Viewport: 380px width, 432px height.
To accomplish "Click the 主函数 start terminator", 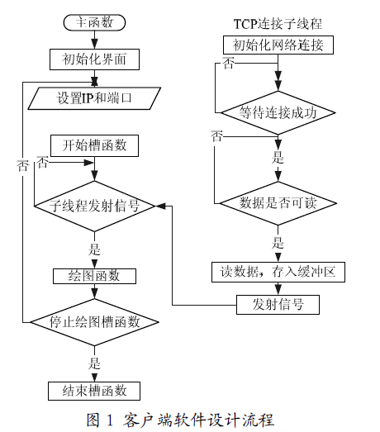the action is pos(94,22).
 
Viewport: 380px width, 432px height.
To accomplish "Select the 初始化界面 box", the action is pos(94,59).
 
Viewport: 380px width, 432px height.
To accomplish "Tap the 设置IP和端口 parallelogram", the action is pos(94,98).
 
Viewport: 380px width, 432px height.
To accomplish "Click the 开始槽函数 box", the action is pos(94,145).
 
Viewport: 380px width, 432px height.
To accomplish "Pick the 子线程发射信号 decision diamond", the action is pos(94,206).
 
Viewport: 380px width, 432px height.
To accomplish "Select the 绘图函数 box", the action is pos(94,276).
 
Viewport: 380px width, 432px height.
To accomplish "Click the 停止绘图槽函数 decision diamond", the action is pos(94,322).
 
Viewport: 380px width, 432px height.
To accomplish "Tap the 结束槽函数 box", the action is pos(94,391).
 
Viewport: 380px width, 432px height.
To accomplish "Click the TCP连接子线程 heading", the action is pos(278,24).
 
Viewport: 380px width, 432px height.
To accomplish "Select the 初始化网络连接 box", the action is pos(278,45).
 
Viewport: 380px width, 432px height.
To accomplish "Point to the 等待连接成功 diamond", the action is pos(278,112).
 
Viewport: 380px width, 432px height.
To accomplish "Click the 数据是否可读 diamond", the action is pos(278,203).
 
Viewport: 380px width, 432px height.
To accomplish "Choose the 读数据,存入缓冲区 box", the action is pos(278,273).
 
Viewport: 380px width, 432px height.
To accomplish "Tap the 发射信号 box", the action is pos(278,305).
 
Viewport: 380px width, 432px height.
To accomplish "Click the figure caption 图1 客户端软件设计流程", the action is pos(180,420).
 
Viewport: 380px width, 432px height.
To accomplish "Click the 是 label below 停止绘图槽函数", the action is pos(94,363).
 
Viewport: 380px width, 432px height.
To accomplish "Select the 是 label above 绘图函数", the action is pos(94,249).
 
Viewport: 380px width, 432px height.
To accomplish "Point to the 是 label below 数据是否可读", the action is pos(278,243).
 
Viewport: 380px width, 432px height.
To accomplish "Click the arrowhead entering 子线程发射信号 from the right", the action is pos(160,206).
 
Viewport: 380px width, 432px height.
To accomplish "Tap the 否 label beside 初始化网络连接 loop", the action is pos(229,64).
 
